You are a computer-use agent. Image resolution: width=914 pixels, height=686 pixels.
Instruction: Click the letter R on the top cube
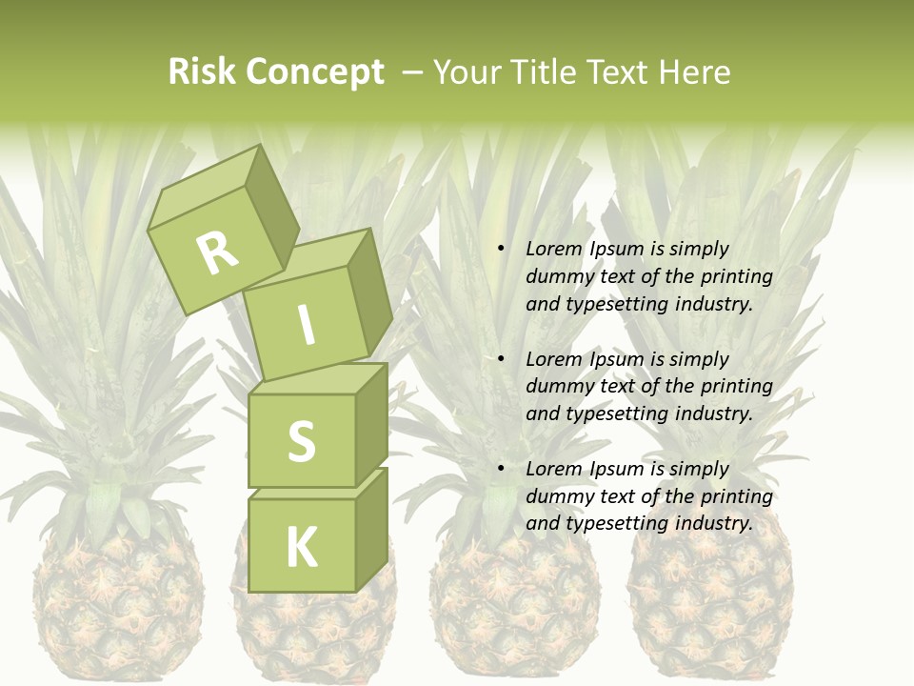coord(218,252)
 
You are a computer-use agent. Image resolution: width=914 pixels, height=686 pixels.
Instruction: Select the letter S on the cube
coord(301,441)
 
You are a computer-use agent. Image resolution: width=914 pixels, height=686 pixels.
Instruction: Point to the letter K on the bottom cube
coord(301,548)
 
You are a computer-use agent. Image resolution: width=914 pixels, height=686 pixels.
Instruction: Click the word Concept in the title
coord(313,71)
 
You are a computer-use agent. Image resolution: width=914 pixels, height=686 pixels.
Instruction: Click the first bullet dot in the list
coord(501,249)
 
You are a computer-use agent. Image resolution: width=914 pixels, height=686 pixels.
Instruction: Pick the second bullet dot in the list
coord(501,359)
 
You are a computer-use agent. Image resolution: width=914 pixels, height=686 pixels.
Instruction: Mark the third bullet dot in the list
coord(501,469)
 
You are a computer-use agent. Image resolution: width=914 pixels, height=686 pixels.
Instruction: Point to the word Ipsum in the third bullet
coord(618,469)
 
